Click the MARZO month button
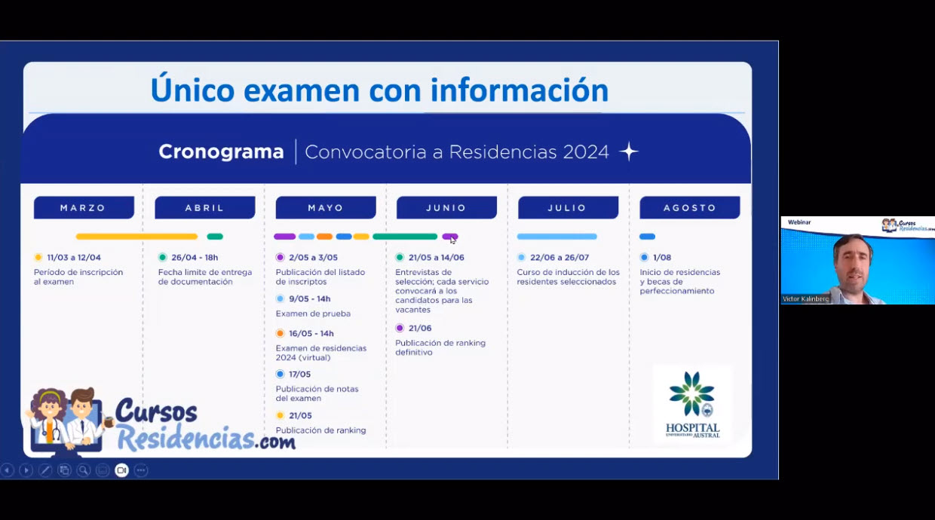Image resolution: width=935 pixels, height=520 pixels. [x=84, y=207]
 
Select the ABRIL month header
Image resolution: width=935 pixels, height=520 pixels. [x=205, y=207]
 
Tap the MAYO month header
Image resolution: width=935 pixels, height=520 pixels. [x=326, y=207]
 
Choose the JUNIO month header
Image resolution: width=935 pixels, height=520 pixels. [x=446, y=207]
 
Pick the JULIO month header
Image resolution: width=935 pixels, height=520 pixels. [x=568, y=207]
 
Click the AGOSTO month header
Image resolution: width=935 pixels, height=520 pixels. [x=689, y=207]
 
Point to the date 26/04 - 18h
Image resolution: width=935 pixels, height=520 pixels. [x=195, y=258]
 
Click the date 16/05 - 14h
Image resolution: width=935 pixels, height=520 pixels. [x=311, y=333]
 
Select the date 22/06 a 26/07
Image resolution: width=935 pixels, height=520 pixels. [x=559, y=258]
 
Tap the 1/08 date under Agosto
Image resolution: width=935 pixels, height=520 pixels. [x=662, y=258]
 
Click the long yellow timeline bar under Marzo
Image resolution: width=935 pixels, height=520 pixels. [x=136, y=237]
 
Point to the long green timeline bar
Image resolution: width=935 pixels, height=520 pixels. [x=405, y=237]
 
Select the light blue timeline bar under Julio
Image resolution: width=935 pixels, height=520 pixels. [x=556, y=237]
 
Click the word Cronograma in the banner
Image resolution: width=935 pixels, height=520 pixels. [x=221, y=151]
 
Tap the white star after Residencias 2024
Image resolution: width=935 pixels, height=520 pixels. [x=629, y=151]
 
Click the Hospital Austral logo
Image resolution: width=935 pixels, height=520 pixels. [x=692, y=405]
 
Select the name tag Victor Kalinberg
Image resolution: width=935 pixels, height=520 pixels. [x=805, y=299]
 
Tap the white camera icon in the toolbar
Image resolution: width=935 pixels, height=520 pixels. [x=121, y=470]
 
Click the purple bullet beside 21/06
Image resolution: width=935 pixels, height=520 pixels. [x=400, y=328]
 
